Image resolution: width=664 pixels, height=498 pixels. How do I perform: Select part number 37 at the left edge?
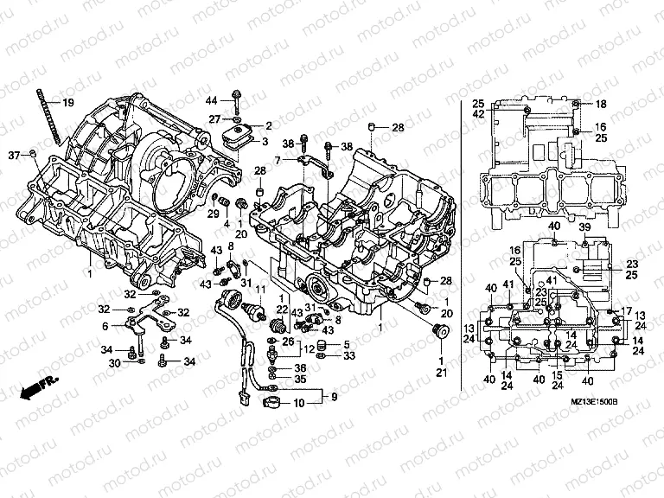click(13, 155)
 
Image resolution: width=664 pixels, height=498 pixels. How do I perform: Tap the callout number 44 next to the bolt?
click(212, 102)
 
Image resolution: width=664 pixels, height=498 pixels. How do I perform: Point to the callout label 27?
click(214, 118)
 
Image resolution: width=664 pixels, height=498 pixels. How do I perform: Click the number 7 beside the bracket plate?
click(278, 160)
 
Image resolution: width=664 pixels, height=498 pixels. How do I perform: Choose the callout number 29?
click(105, 327)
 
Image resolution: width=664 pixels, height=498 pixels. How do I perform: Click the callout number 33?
click(348, 355)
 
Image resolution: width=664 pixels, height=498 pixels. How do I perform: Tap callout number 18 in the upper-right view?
click(601, 104)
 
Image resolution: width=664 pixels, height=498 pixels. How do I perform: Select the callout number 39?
click(584, 227)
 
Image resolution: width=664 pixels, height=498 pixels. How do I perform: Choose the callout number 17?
click(628, 311)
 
